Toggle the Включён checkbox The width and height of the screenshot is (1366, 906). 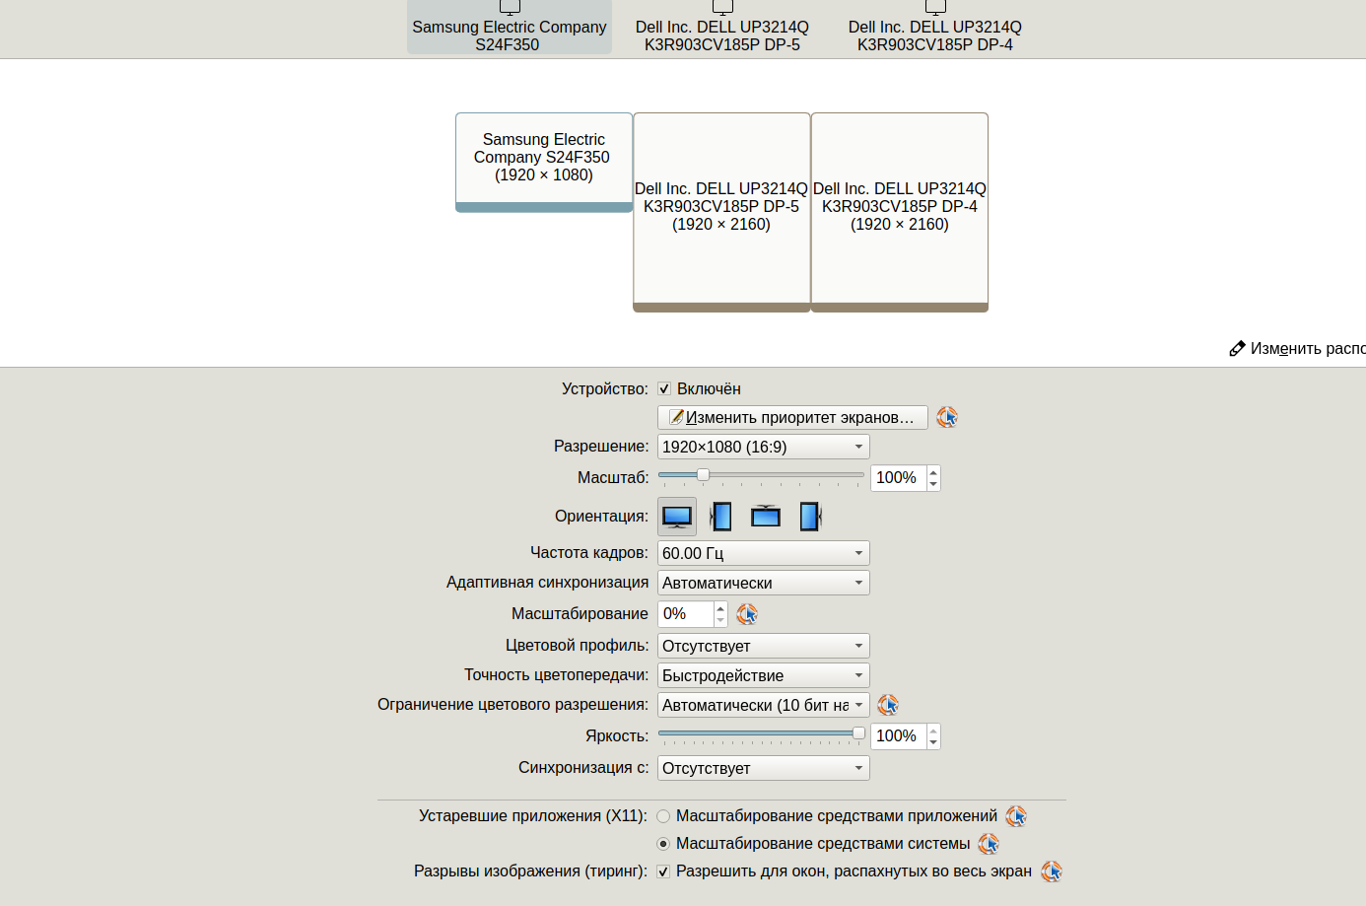click(x=664, y=388)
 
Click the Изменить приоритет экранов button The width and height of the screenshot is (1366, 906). click(x=792, y=418)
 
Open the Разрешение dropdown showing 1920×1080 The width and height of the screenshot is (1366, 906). click(x=763, y=447)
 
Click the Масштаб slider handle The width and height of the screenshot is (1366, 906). click(x=703, y=475)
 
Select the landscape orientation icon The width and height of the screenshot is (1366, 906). click(x=677, y=516)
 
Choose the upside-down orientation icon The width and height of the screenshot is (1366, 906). click(x=766, y=516)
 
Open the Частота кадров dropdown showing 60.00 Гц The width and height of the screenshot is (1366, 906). click(x=763, y=553)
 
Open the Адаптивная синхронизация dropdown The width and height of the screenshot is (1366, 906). click(x=763, y=583)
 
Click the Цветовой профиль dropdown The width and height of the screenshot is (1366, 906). click(x=763, y=646)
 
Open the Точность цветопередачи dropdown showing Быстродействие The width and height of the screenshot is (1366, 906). click(x=763, y=675)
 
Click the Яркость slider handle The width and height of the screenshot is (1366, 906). click(x=858, y=733)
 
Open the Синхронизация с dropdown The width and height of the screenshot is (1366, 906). click(x=763, y=768)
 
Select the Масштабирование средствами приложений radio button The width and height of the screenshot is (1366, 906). click(x=663, y=816)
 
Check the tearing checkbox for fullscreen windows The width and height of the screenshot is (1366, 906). click(x=664, y=871)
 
